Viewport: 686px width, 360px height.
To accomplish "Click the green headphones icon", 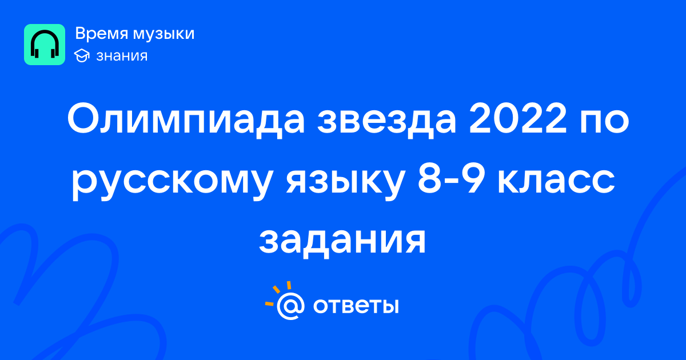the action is [x=45, y=45].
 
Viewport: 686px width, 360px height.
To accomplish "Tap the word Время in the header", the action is [x=101, y=34].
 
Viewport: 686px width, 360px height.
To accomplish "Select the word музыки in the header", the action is [x=164, y=34].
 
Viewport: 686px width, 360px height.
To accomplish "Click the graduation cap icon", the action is [x=82, y=55].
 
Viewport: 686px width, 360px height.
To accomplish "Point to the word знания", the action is [x=122, y=56].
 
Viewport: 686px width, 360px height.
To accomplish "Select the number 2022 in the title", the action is [x=518, y=119].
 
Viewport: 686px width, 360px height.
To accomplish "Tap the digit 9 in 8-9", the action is [x=473, y=179].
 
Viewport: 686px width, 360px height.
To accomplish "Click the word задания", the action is [x=342, y=242].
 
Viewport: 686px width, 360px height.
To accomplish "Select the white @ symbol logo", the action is [x=290, y=306].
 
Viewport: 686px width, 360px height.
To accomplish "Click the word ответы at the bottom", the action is [x=356, y=306].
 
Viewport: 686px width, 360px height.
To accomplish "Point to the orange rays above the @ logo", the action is [x=277, y=293].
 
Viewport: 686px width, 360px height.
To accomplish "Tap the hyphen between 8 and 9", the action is [x=452, y=183].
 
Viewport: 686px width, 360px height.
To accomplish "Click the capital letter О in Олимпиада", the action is [x=83, y=119].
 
